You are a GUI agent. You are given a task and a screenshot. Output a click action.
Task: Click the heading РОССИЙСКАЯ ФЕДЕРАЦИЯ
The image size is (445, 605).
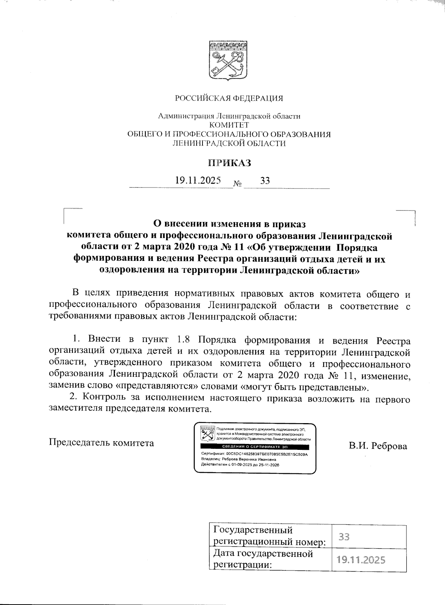tap(229, 98)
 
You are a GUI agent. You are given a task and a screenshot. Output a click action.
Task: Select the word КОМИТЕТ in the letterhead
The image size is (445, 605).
tap(229, 125)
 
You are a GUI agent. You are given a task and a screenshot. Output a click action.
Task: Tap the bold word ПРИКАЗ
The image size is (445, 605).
tap(229, 163)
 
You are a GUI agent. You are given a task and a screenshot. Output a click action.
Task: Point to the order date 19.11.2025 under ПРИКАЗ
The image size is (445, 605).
tap(198, 181)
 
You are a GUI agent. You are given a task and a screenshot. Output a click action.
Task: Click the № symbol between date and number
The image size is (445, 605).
tap(238, 184)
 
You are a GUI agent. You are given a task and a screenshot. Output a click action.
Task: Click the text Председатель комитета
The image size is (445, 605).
tap(101, 443)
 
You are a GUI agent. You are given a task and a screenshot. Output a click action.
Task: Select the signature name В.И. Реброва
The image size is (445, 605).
tap(378, 446)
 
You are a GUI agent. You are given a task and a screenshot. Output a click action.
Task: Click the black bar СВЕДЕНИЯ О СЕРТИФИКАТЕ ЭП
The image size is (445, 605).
tap(255, 446)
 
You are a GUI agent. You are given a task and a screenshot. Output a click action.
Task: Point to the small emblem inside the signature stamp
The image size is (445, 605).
tap(207, 434)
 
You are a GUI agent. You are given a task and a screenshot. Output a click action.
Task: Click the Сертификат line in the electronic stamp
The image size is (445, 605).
tap(254, 454)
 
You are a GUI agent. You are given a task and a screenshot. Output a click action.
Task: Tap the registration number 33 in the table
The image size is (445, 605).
tap(345, 537)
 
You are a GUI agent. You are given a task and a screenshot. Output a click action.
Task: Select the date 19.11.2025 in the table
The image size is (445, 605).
tap(361, 560)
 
